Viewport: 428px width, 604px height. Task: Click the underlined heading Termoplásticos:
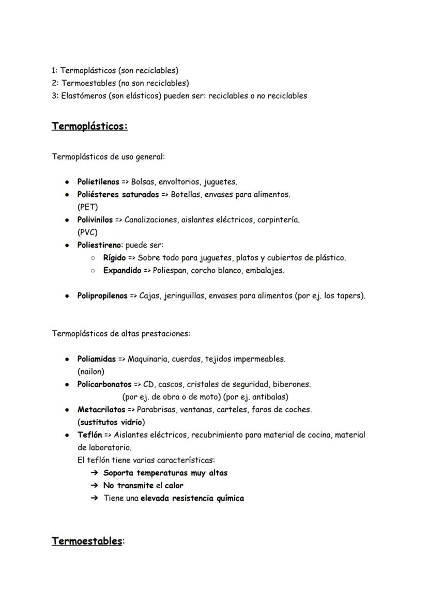click(89, 126)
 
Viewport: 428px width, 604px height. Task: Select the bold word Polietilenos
click(98, 182)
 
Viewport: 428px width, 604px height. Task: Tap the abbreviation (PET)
click(87, 207)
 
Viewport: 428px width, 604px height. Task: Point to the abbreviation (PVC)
click(87, 233)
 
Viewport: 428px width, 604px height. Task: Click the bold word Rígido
click(114, 258)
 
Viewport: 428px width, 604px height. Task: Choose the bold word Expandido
click(121, 270)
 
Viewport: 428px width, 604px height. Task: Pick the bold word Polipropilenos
click(102, 296)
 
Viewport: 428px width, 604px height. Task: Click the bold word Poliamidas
click(96, 359)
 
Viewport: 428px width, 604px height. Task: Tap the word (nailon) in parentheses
click(90, 371)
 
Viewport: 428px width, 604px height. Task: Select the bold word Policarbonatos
click(104, 384)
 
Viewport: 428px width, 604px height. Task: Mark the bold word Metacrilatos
click(101, 410)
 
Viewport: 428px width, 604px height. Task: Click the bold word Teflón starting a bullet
click(89, 435)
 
